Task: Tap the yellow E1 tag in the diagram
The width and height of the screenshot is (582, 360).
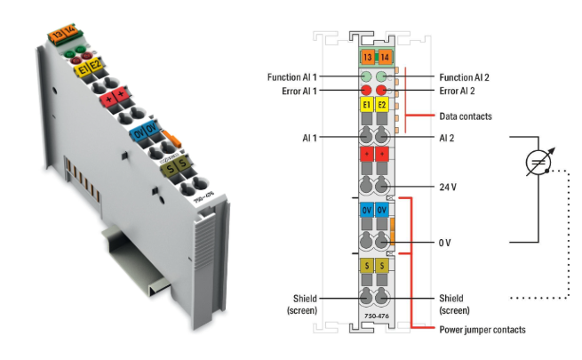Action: [x=365, y=107]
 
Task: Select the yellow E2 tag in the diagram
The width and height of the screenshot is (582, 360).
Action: [x=382, y=107]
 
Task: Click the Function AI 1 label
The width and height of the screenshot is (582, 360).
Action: [x=296, y=77]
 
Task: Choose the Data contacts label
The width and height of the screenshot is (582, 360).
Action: [x=466, y=116]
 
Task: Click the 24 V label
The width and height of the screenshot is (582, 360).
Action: [x=449, y=188]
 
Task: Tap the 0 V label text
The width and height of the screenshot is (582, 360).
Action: [x=446, y=242]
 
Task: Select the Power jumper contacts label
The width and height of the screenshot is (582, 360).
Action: [x=480, y=329]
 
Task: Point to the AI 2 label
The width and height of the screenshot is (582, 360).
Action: [x=447, y=138]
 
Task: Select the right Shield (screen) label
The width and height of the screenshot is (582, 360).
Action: [x=454, y=303]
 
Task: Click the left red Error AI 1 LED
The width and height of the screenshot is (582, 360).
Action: [x=365, y=90]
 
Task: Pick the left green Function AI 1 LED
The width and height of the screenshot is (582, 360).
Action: [x=365, y=77]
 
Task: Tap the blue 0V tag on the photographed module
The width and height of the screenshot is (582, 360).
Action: [x=142, y=132]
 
